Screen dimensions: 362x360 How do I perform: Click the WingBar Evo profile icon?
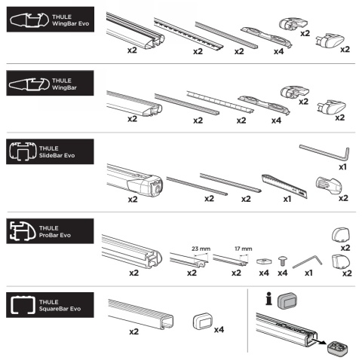pos(29,20)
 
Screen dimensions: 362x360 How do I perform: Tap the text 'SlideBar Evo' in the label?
pos(57,155)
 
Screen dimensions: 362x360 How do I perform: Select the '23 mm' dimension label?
pos(201,249)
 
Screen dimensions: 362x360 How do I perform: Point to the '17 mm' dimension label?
pos(243,249)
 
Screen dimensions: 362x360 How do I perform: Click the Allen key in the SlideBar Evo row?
pos(324,152)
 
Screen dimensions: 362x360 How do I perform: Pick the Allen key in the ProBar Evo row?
pos(307,262)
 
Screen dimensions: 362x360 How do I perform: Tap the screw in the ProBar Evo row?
pos(282,261)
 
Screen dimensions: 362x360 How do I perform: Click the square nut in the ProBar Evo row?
pos(264,261)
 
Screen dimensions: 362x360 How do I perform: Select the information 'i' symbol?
pos(268,299)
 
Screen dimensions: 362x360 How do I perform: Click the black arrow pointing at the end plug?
pos(318,341)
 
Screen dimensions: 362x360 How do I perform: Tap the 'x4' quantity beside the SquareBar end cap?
pos(219,329)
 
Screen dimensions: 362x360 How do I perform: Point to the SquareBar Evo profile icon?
pos(23,305)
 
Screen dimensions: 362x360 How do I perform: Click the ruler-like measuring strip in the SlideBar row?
pos(284,185)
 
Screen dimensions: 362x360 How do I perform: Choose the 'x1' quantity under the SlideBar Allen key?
pos(342,167)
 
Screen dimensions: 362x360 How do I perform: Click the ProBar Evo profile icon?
pos(23,231)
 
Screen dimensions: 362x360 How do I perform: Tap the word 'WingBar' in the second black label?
pos(64,87)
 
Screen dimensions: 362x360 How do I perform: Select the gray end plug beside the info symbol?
pos(287,301)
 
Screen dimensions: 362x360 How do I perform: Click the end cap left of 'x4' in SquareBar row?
pos(203,321)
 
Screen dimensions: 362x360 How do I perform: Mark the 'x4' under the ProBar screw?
pos(283,273)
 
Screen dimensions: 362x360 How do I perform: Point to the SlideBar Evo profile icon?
pos(23,151)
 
